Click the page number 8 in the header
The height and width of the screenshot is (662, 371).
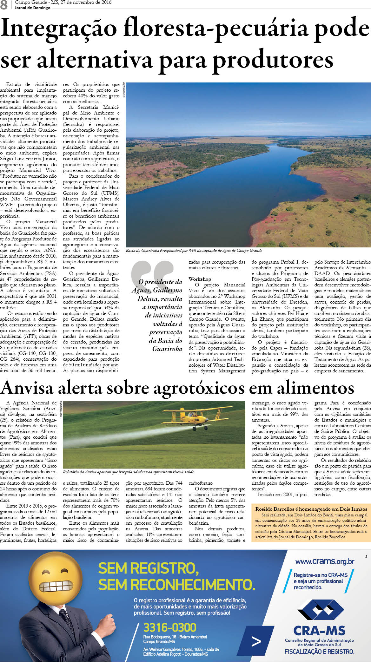[x=4, y=5]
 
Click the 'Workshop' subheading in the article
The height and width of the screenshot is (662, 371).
[x=200, y=279]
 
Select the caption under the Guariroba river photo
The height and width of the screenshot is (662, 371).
[x=194, y=251]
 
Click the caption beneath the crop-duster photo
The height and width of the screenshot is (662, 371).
[x=128, y=472]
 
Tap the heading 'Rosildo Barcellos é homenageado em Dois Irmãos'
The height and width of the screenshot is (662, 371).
[x=311, y=509]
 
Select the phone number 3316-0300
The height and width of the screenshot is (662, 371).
[x=170, y=627]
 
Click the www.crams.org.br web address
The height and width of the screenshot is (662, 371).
[x=325, y=561]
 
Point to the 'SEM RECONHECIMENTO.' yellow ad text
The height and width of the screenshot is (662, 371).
[x=176, y=584]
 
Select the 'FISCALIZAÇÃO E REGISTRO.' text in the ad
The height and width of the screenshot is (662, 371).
[x=319, y=652]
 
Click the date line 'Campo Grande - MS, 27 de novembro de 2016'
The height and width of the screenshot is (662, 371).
[x=63, y=3]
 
